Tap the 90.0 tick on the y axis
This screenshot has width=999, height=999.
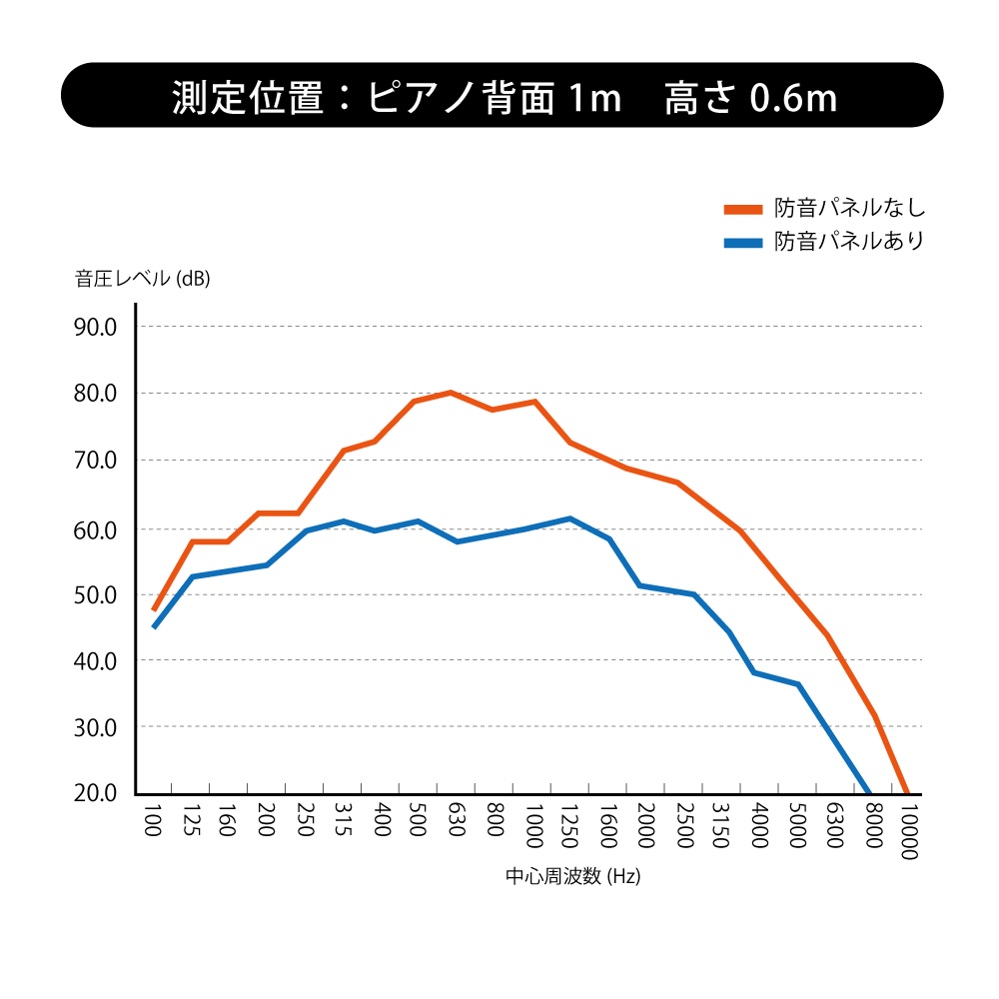(x=97, y=328)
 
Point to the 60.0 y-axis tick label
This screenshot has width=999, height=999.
(x=97, y=528)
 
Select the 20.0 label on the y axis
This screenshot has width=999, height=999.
(x=97, y=794)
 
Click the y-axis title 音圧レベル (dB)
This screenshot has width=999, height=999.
(x=143, y=279)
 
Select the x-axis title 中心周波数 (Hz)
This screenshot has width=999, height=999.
(x=572, y=877)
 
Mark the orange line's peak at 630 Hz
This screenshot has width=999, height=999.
(x=451, y=393)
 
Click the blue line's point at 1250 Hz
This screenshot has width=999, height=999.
(x=569, y=518)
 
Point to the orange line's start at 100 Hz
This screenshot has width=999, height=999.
(x=154, y=609)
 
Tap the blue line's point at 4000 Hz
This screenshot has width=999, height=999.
(x=753, y=672)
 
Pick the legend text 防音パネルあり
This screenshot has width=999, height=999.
(x=849, y=241)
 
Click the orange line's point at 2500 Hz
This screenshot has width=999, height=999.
(x=676, y=483)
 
